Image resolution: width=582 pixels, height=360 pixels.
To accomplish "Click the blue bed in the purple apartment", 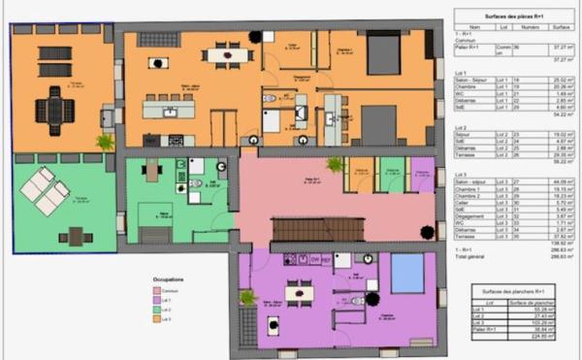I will coord(407,273).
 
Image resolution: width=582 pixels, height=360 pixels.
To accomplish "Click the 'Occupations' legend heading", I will coord(170,280).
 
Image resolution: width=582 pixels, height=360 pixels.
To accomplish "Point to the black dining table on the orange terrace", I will coord(55,113).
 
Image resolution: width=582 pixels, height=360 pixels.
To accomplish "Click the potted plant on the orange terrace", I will coord(105,142).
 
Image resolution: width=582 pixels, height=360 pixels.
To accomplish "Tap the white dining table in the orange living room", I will coord(228,54).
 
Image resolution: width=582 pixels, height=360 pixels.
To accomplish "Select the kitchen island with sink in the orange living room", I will coord(169,109).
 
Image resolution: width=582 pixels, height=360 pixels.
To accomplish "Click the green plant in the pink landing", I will coord(336,165).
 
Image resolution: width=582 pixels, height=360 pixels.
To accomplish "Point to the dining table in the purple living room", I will coord(299,291).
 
